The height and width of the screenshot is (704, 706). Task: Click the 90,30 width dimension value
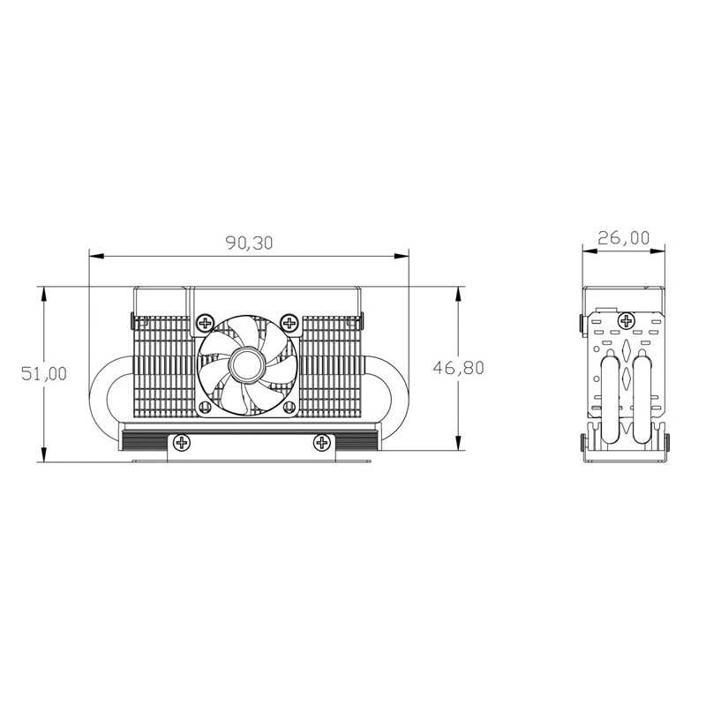click(249, 243)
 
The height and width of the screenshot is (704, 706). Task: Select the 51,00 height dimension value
click(44, 373)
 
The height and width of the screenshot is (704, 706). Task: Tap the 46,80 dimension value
click(458, 368)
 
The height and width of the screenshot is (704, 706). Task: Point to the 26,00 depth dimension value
click(624, 237)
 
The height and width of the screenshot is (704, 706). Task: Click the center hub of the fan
click(246, 364)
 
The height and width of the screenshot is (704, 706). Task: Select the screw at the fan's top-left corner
click(206, 322)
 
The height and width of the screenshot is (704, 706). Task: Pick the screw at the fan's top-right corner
click(289, 322)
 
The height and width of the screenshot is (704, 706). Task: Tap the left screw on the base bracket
click(182, 443)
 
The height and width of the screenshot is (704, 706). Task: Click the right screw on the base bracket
click(321, 443)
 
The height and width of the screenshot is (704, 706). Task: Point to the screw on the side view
click(626, 321)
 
